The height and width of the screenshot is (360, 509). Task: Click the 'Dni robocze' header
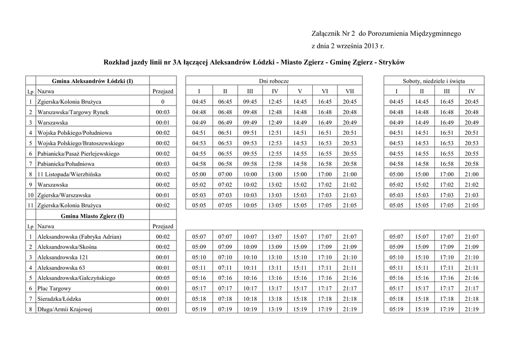point(274,81)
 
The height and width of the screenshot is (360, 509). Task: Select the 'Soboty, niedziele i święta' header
point(434,81)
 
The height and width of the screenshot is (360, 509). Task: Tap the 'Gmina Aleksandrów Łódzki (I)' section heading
point(92,81)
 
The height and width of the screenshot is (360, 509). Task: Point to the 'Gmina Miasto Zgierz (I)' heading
point(92,216)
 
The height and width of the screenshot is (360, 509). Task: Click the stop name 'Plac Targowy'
point(54,288)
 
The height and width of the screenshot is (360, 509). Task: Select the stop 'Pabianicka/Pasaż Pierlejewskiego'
point(79,154)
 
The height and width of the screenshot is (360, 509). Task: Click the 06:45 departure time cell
point(225,102)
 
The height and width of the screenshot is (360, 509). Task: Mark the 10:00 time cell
point(250,175)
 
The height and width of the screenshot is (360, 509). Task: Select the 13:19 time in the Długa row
point(275,309)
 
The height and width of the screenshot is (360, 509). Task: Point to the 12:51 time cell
point(275,133)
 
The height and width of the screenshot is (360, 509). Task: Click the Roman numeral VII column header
point(350,91)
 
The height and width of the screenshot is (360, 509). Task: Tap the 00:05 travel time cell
point(163,278)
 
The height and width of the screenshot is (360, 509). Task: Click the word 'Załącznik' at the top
point(326,34)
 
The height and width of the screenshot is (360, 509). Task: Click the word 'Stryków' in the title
point(392,63)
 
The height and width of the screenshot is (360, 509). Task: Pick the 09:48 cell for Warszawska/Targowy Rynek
point(250,112)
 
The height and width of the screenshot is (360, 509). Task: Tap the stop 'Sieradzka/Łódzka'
point(59,299)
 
